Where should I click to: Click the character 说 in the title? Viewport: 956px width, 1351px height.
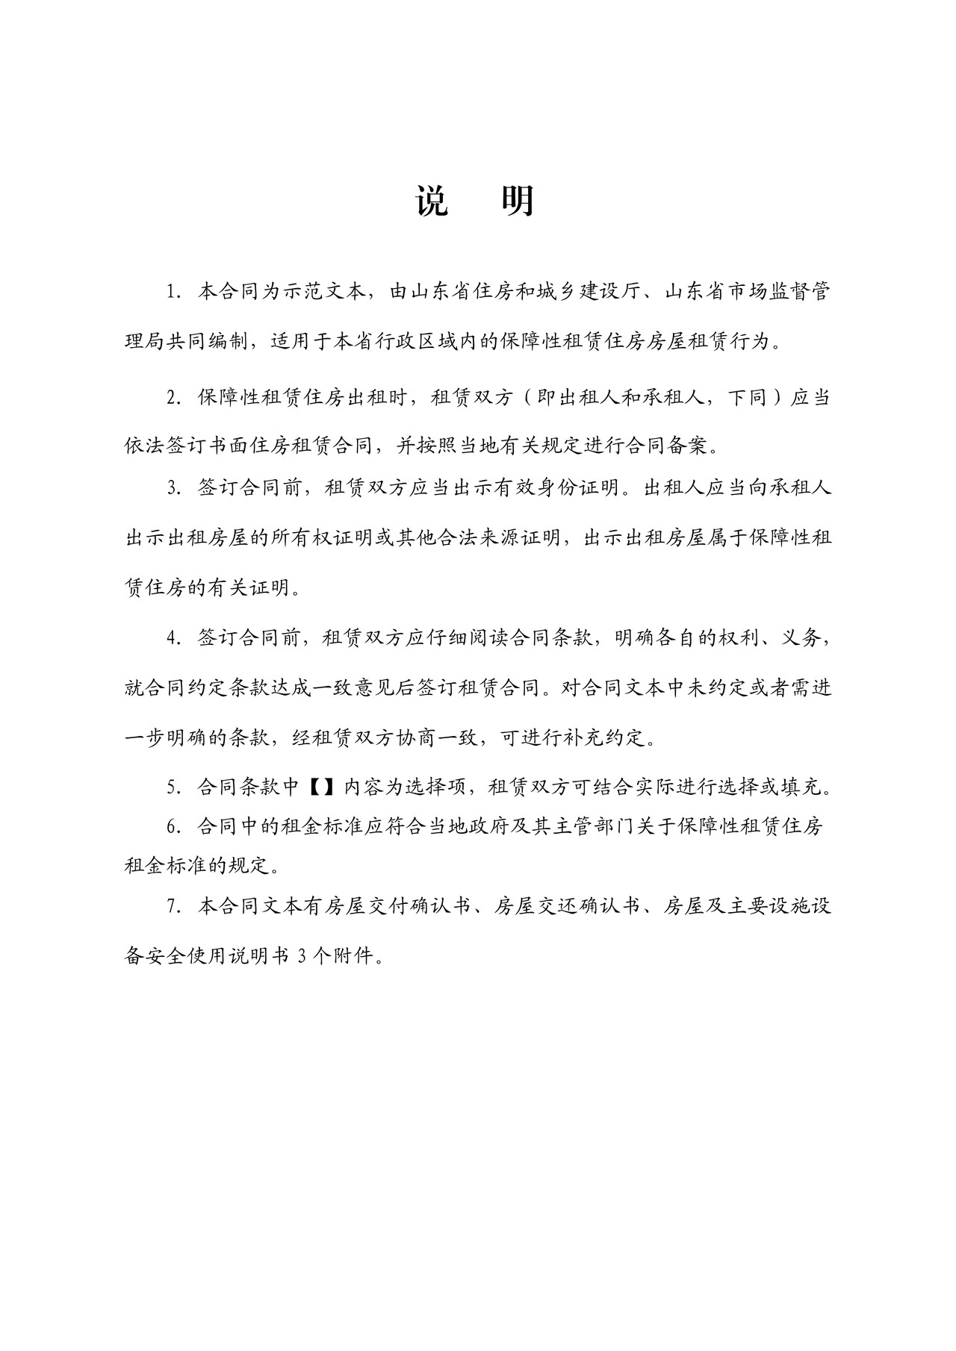[x=432, y=201]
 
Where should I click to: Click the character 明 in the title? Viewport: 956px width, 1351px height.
[x=517, y=201]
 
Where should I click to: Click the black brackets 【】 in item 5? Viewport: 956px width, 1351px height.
[x=320, y=787]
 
